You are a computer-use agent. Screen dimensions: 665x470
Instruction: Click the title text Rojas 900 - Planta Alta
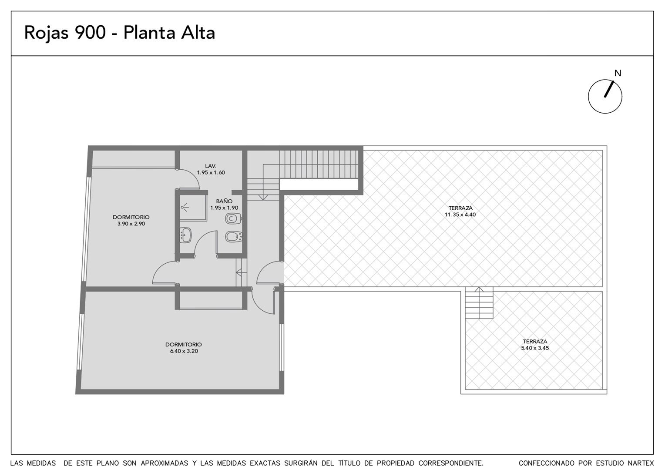click(120, 33)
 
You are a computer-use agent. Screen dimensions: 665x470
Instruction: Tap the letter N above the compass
click(618, 73)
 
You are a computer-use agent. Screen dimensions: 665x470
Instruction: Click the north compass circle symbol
click(605, 96)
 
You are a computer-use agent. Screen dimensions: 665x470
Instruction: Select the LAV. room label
click(211, 166)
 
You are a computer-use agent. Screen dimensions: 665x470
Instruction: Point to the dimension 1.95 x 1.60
click(211, 172)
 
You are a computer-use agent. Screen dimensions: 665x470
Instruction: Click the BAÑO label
click(224, 201)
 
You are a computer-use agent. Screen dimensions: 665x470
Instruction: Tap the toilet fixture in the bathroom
click(233, 219)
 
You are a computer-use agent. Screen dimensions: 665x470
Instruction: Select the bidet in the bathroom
click(234, 237)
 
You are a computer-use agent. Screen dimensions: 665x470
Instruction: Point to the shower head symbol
click(185, 207)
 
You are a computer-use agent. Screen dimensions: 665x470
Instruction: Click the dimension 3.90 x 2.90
click(131, 224)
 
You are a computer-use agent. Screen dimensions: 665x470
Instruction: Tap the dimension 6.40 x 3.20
click(184, 351)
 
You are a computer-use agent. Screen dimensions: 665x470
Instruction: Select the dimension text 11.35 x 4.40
click(460, 215)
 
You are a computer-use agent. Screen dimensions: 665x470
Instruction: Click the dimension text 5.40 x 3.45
click(535, 348)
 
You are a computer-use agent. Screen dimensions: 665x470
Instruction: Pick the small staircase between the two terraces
click(479, 303)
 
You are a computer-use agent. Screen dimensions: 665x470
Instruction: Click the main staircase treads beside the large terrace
click(319, 164)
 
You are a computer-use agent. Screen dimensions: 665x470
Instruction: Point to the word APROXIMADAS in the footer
click(165, 463)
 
